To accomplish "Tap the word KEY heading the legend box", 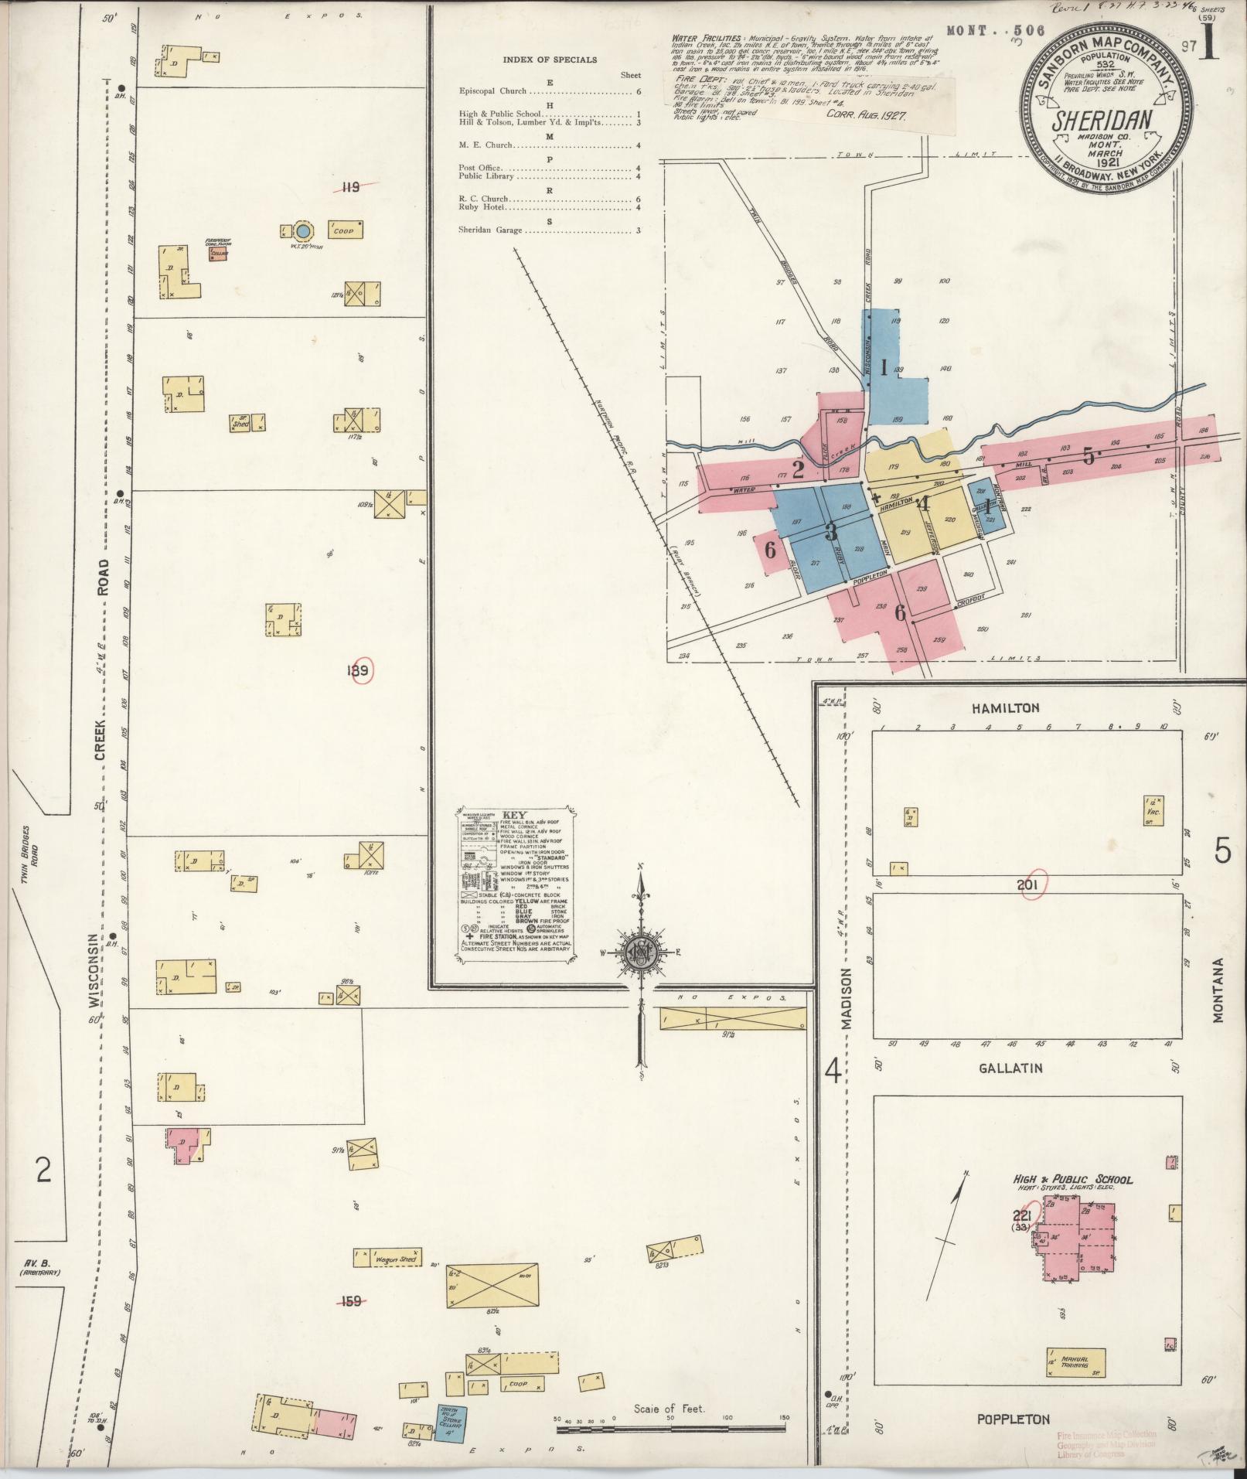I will tap(514, 816).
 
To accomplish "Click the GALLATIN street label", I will tap(1010, 1068).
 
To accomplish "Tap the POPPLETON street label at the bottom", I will tap(1013, 1419).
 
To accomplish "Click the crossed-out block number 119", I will tap(351, 186).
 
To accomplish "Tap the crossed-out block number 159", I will tap(351, 1301).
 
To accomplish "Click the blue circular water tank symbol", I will tap(304, 230).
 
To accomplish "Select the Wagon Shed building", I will tap(395, 1259).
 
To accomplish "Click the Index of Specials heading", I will tap(550, 60).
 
